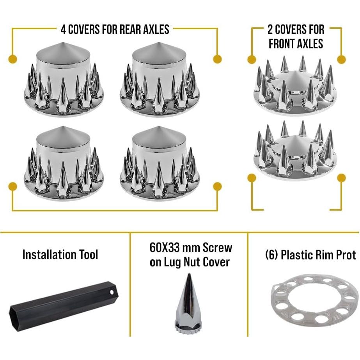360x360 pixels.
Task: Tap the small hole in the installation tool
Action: coord(112,292)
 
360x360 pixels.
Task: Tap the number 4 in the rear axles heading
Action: coord(63,30)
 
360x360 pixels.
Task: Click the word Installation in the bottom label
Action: coord(49,254)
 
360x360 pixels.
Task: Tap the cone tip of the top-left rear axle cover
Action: coord(63,43)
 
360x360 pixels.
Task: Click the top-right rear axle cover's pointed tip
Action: coord(159,43)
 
